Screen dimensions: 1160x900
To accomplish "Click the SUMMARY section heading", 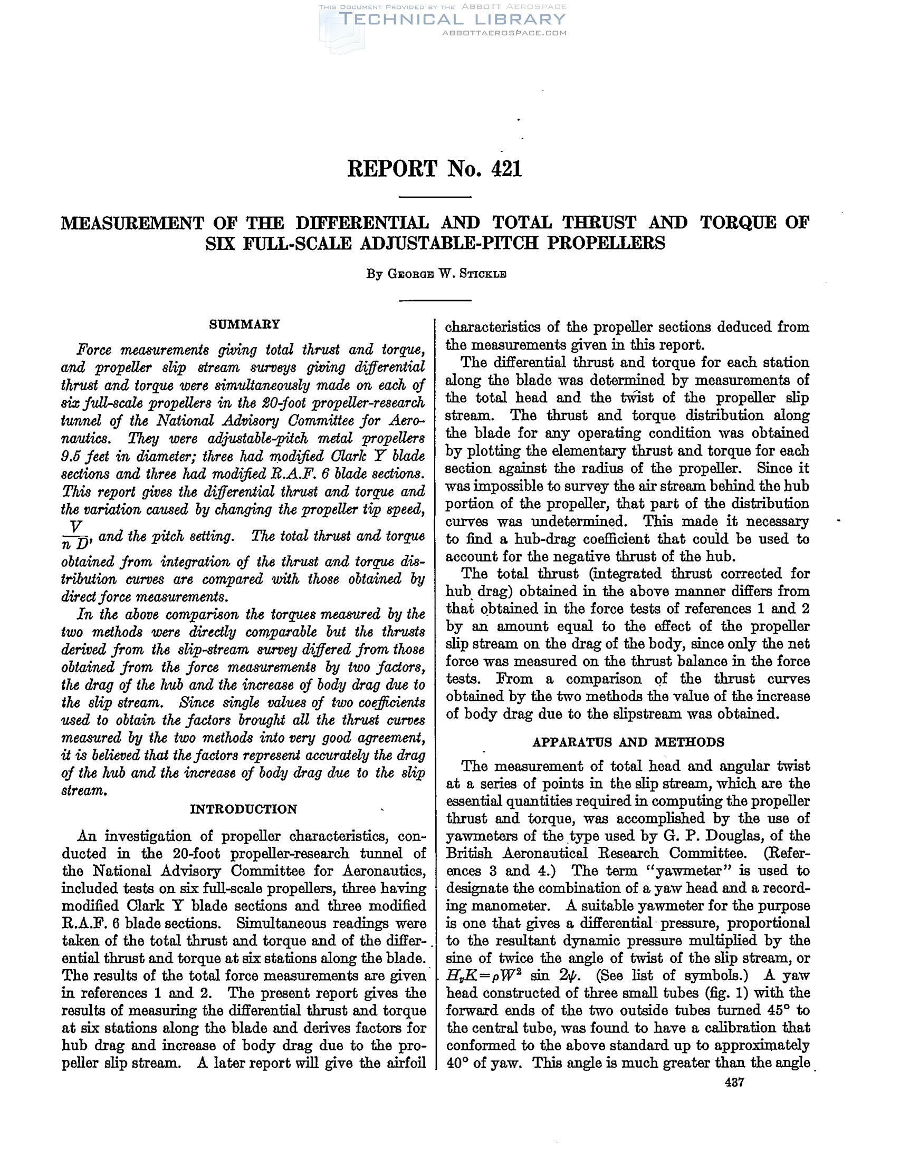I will (x=244, y=324).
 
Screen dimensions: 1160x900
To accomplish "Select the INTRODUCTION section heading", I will (x=244, y=809).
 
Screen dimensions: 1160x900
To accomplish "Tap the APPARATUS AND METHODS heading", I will (x=628, y=742).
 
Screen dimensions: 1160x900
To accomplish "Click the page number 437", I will (x=734, y=1082).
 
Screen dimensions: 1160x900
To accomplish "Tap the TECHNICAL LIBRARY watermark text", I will (x=452, y=19).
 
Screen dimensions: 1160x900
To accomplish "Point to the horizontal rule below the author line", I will (x=435, y=301).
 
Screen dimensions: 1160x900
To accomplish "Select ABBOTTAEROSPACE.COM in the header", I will (x=504, y=33).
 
